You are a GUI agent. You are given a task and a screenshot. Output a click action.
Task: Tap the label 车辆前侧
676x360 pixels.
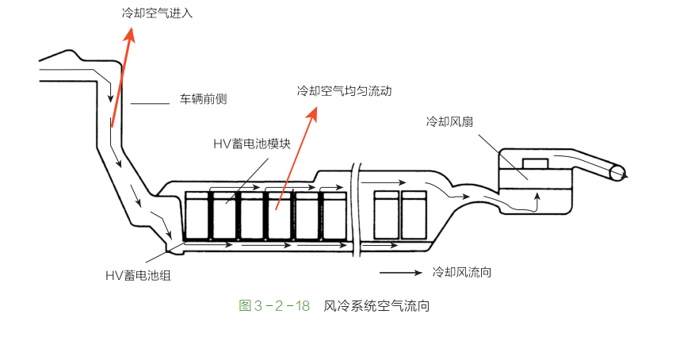(204, 101)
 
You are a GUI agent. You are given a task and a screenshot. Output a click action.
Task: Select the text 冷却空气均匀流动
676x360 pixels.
(345, 91)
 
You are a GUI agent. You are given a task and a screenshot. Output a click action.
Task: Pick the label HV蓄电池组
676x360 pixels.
(139, 275)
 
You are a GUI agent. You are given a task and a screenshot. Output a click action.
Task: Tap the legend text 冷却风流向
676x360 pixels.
(462, 271)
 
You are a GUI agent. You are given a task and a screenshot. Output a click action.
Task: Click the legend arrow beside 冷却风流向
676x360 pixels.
(400, 272)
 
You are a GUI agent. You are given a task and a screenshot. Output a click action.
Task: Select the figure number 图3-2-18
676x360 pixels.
(274, 305)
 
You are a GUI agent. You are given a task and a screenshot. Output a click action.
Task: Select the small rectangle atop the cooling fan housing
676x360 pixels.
(537, 163)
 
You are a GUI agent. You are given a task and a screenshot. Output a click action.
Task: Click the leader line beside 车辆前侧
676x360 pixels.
(150, 102)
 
